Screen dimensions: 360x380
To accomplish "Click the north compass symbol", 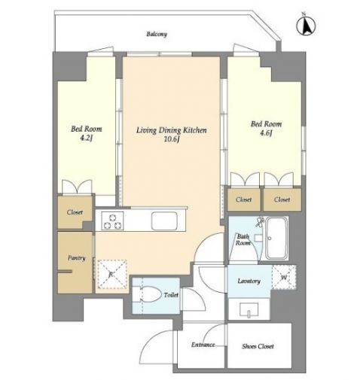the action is coord(306,25).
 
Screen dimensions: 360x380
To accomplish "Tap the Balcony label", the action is coord(157,34).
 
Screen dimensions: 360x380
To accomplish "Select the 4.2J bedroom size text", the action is coord(86,138).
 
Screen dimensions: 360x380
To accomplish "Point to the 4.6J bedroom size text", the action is coord(266,133).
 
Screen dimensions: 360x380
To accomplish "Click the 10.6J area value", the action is coord(172,139).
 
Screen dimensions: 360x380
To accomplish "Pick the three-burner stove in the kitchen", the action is coord(112,221).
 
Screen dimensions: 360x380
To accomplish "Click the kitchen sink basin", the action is coord(164,221).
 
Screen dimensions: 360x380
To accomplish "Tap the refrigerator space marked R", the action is coord(111,275).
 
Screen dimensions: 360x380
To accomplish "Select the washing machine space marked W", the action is coord(284,277).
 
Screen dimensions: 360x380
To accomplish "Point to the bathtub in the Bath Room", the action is coord(277,238).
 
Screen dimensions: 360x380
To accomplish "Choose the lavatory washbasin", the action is coord(249,310).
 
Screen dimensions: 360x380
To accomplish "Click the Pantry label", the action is coord(77,258).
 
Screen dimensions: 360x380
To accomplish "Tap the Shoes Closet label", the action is coord(258,346).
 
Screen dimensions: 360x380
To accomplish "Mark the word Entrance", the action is coord(203,345).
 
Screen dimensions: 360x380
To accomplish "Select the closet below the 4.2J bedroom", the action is coord(75,212).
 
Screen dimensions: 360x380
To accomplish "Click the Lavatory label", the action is coord(249,281).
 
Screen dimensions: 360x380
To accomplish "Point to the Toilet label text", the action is coord(171,295).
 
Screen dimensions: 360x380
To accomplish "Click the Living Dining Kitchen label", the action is coord(172,130).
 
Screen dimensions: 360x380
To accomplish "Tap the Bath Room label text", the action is coord(243,240).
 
